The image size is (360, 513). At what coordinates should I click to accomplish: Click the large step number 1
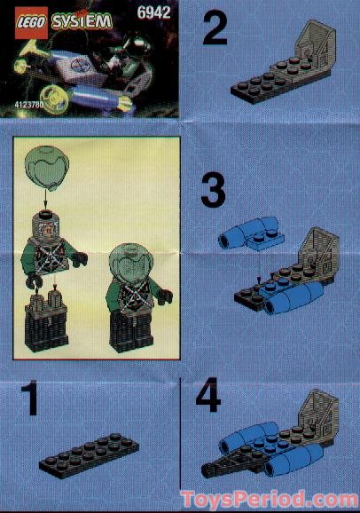tap(31, 400)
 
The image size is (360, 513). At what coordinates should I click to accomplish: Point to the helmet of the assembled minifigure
tap(129, 265)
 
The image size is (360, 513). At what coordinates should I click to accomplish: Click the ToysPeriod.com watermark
tap(267, 497)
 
